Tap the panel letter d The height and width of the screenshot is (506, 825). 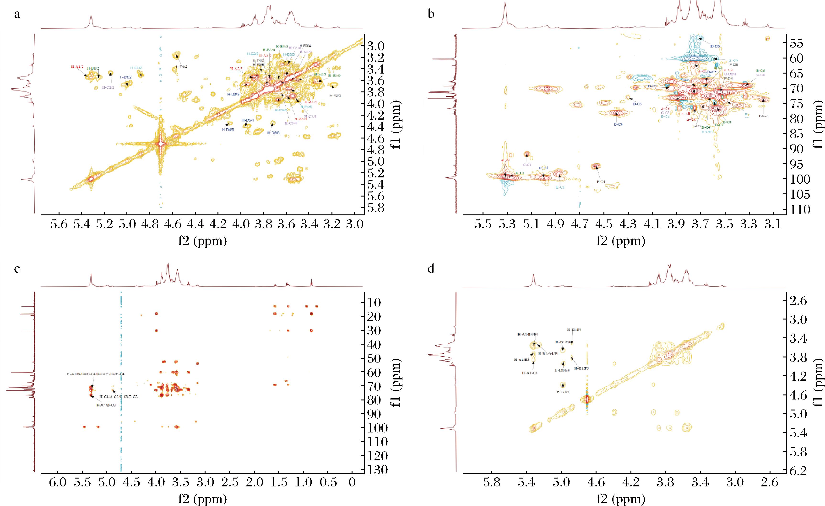tap(431, 268)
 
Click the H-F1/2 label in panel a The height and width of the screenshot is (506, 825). tap(182, 67)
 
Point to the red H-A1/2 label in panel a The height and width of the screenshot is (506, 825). tap(77, 67)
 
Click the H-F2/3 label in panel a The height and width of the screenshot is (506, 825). tap(335, 95)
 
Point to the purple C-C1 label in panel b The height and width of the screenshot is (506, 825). tap(527, 165)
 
